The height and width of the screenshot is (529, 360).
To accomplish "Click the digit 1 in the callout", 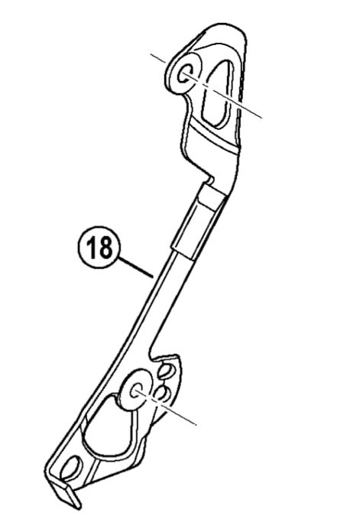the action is coord(92,247).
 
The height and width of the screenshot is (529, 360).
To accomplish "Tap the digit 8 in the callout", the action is coord(105,247).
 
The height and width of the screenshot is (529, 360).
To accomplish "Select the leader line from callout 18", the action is coord(136,268).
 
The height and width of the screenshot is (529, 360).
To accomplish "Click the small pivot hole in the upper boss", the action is coord(186,74).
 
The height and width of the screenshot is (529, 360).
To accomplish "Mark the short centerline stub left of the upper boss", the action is coord(157,57).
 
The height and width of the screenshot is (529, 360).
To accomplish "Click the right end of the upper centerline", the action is coord(262,118).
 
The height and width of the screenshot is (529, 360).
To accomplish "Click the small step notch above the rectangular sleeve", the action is coord(209,179).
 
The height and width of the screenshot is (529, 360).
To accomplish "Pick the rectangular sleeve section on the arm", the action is coord(199,220).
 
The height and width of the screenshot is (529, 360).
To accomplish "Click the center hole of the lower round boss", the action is coord(137,391).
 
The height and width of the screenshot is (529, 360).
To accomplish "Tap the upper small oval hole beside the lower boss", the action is coord(166,370).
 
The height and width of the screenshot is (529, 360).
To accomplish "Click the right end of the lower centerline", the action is coord(196,424).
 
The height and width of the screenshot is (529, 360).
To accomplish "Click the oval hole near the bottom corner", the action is coord(72,468).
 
